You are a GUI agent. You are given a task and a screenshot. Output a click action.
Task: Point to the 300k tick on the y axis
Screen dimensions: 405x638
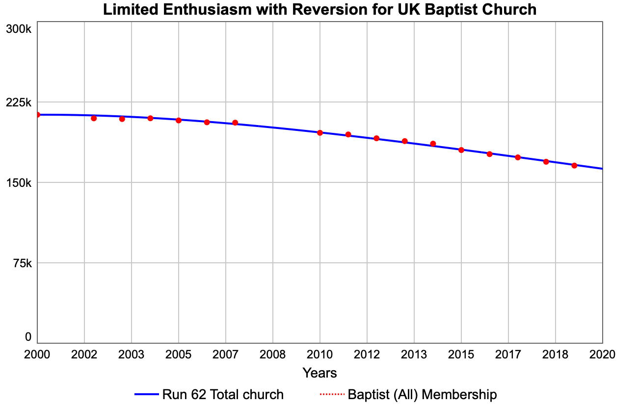coord(19,29)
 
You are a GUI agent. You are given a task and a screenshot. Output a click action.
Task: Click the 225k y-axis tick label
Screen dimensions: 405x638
coord(19,102)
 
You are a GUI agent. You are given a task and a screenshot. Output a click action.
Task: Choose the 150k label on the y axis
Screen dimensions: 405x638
coord(19,183)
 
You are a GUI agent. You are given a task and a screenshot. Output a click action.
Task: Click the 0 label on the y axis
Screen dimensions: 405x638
coord(28,337)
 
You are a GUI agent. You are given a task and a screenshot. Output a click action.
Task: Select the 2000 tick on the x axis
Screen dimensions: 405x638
coord(37,354)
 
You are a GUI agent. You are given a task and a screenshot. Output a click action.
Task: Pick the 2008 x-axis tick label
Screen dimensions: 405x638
coord(272,354)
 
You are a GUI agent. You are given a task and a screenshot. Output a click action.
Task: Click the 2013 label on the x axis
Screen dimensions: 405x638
coord(414,354)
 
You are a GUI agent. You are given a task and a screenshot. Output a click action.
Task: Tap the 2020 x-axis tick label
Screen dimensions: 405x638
coord(602,354)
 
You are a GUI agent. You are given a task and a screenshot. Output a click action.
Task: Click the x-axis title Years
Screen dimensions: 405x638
coord(319,373)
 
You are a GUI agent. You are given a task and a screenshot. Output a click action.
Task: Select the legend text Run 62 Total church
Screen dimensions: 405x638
coord(222,395)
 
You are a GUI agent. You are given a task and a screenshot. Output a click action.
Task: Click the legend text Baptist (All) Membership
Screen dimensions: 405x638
coord(422,395)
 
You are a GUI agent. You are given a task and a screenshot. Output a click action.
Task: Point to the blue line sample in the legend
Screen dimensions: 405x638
coord(146,395)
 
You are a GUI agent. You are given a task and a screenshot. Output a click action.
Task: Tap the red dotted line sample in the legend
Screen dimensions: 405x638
coord(332,395)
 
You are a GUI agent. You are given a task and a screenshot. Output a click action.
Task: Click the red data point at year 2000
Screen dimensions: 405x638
coord(37,115)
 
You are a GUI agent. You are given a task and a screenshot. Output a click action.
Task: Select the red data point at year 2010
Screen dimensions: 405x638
coord(319,132)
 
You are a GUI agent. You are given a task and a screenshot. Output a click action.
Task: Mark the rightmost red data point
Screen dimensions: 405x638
coord(574,165)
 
